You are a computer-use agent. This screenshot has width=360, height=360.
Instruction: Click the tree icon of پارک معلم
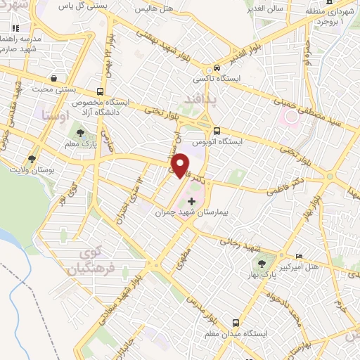pos(79,131)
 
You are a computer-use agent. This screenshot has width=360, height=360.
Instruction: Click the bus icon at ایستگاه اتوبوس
pos(217,131)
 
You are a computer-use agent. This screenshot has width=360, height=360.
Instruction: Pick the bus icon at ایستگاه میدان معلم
pos(234,323)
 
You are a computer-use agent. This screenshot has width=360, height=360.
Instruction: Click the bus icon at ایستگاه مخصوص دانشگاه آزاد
pos(101,91)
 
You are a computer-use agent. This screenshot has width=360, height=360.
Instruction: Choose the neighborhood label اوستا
pos(56,112)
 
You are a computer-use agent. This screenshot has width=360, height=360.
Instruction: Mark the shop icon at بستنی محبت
pos(53,78)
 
